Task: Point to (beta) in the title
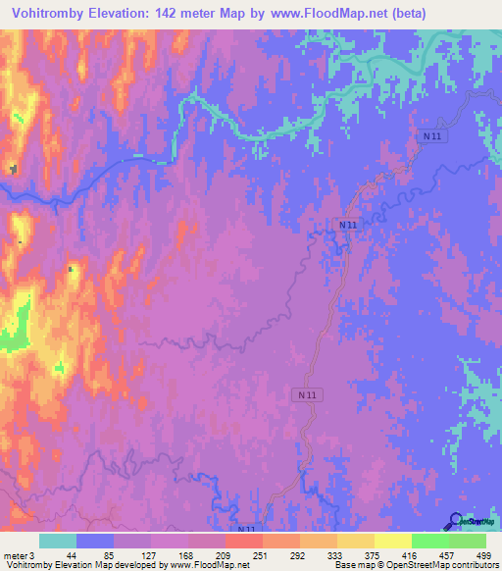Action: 465,14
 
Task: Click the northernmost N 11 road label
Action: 433,136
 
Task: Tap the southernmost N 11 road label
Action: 245,530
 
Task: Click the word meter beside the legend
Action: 15,556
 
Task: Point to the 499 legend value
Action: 482,556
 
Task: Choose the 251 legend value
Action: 259,556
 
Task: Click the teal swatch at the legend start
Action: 58,541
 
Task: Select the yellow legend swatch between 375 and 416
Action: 392,541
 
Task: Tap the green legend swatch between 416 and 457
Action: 429,541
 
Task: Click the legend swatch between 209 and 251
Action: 243,541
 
